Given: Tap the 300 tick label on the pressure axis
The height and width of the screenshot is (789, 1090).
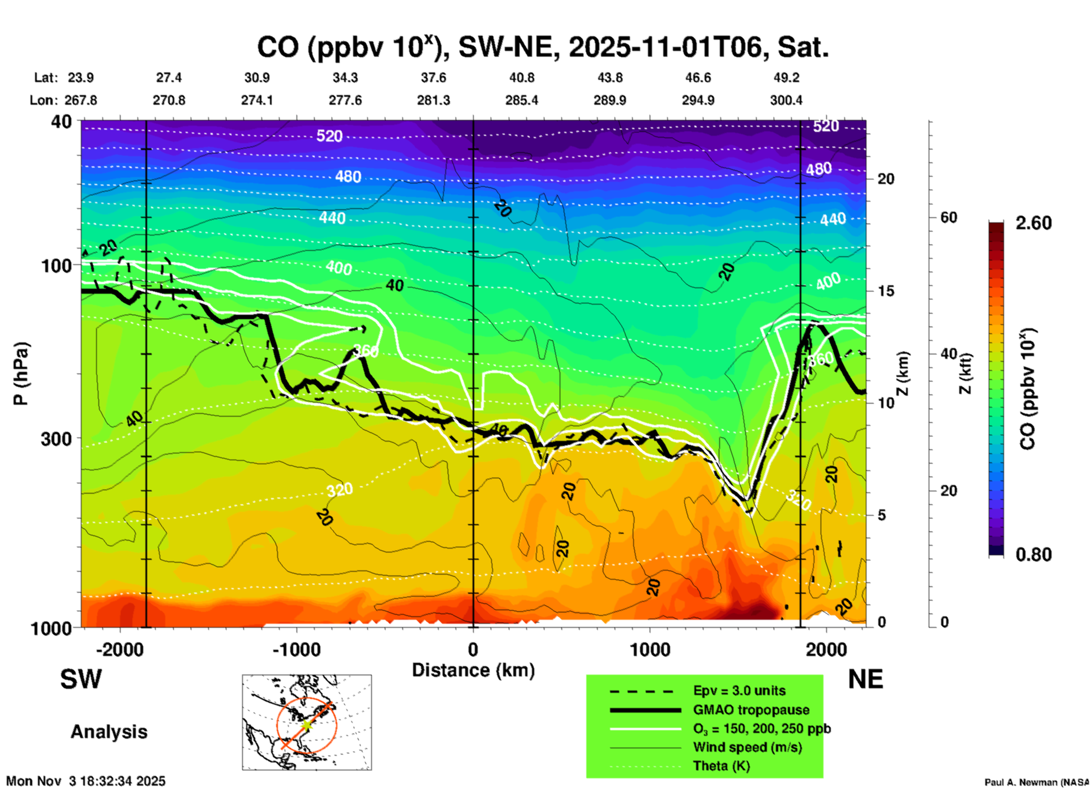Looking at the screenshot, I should [56, 439].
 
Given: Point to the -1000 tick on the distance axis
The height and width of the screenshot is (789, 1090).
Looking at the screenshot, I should [297, 649].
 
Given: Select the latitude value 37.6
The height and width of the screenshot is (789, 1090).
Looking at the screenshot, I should [433, 78].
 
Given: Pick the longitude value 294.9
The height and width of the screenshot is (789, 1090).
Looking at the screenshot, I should [698, 100].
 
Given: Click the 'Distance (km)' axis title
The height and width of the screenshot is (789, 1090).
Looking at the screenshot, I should [473, 670].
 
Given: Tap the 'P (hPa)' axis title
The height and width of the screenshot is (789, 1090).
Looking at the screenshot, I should [21, 374].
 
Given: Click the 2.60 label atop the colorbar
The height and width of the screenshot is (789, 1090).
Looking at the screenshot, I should [1033, 223].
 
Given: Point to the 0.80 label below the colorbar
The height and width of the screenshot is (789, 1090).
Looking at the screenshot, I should [1033, 555].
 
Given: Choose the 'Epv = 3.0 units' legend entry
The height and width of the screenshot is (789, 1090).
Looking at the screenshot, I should [739, 691].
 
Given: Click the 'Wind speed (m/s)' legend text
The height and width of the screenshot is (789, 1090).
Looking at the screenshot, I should [747, 747].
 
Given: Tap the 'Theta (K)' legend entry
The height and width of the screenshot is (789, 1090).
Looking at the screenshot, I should [721, 766].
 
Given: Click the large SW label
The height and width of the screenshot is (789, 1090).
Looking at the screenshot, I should [81, 679].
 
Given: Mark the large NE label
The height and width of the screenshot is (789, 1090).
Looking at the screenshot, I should [865, 679].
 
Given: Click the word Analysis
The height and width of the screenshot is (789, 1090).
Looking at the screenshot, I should [109, 732].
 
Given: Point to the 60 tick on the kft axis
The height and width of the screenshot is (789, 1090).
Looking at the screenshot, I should [949, 217].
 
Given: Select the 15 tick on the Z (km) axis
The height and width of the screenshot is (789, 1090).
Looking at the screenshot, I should [886, 291].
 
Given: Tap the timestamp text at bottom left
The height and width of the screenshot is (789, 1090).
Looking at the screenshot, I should [86, 781].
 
